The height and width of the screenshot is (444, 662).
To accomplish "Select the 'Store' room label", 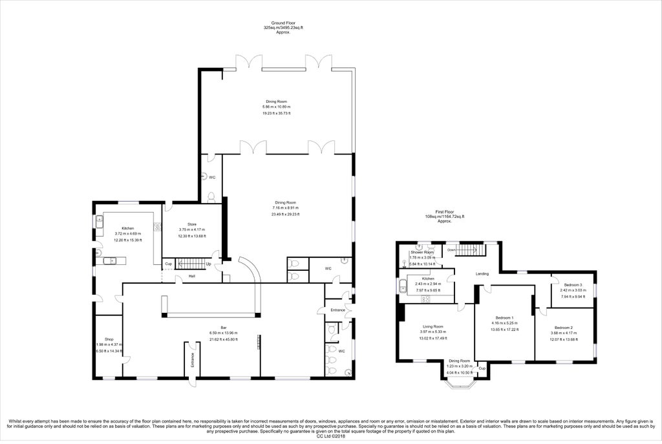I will tap(191, 224).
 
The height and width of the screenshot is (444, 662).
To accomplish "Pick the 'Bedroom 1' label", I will tap(504, 318).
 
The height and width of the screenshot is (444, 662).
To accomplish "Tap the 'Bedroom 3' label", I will tap(572, 285).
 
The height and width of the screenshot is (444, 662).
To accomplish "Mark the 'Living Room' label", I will tap(432, 326).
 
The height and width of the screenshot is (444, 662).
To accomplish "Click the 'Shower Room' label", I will tap(422, 252).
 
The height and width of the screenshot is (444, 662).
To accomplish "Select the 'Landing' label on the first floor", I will tap(482, 273).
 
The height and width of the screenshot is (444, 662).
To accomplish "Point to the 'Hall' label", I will tap(192, 277).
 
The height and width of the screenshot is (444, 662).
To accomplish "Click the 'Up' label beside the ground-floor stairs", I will tap(208, 264).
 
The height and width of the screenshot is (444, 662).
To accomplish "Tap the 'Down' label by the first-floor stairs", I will tap(451, 250).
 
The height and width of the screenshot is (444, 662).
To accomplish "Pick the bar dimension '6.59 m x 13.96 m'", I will tap(223, 333).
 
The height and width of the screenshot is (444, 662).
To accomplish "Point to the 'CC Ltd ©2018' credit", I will tap(330, 436).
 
